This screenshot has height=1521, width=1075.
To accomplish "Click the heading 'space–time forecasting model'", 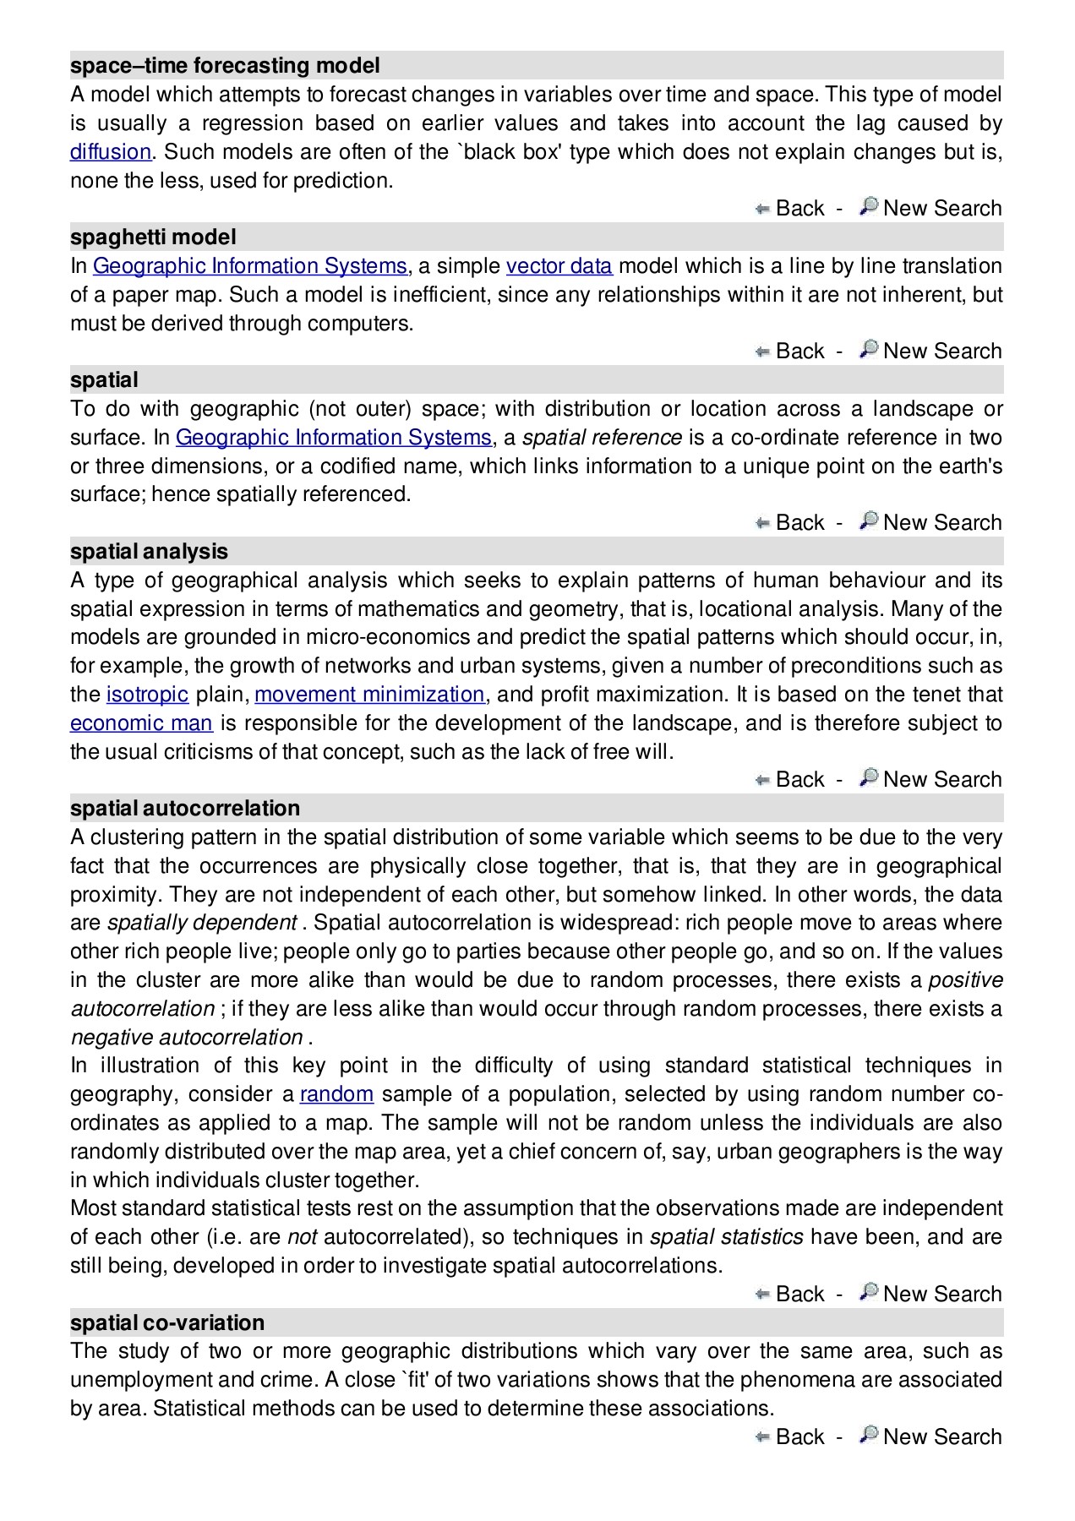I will (225, 66).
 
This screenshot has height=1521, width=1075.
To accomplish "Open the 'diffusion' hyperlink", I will (110, 152).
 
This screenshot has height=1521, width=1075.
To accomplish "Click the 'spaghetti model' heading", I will (153, 237).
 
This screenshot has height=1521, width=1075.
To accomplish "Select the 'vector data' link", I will (559, 266).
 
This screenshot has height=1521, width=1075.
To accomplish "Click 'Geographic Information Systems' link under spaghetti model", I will (249, 266).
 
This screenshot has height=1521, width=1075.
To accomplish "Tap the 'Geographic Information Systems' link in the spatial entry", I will (333, 438).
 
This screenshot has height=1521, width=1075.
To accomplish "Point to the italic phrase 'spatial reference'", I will (602, 438).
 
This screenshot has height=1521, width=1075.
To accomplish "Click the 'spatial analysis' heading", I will (149, 552).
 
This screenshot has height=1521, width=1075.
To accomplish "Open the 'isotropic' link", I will (147, 695).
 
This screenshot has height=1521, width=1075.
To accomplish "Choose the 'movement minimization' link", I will (369, 695).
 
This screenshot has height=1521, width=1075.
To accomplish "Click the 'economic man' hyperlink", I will (141, 723).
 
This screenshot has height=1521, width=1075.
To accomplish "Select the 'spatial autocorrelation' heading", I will (185, 809).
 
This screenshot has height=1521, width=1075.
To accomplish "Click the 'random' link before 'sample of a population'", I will (336, 1094).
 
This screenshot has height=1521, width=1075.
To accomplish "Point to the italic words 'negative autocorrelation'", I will (187, 1038).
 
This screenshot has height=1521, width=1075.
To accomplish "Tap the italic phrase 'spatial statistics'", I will (726, 1237).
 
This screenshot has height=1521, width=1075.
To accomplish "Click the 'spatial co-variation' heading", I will (167, 1323).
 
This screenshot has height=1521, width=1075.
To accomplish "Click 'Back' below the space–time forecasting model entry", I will (799, 209).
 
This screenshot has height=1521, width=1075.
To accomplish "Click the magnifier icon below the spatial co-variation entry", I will (868, 1436).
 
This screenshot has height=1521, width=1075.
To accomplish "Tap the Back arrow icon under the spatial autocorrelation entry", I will (762, 1295).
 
